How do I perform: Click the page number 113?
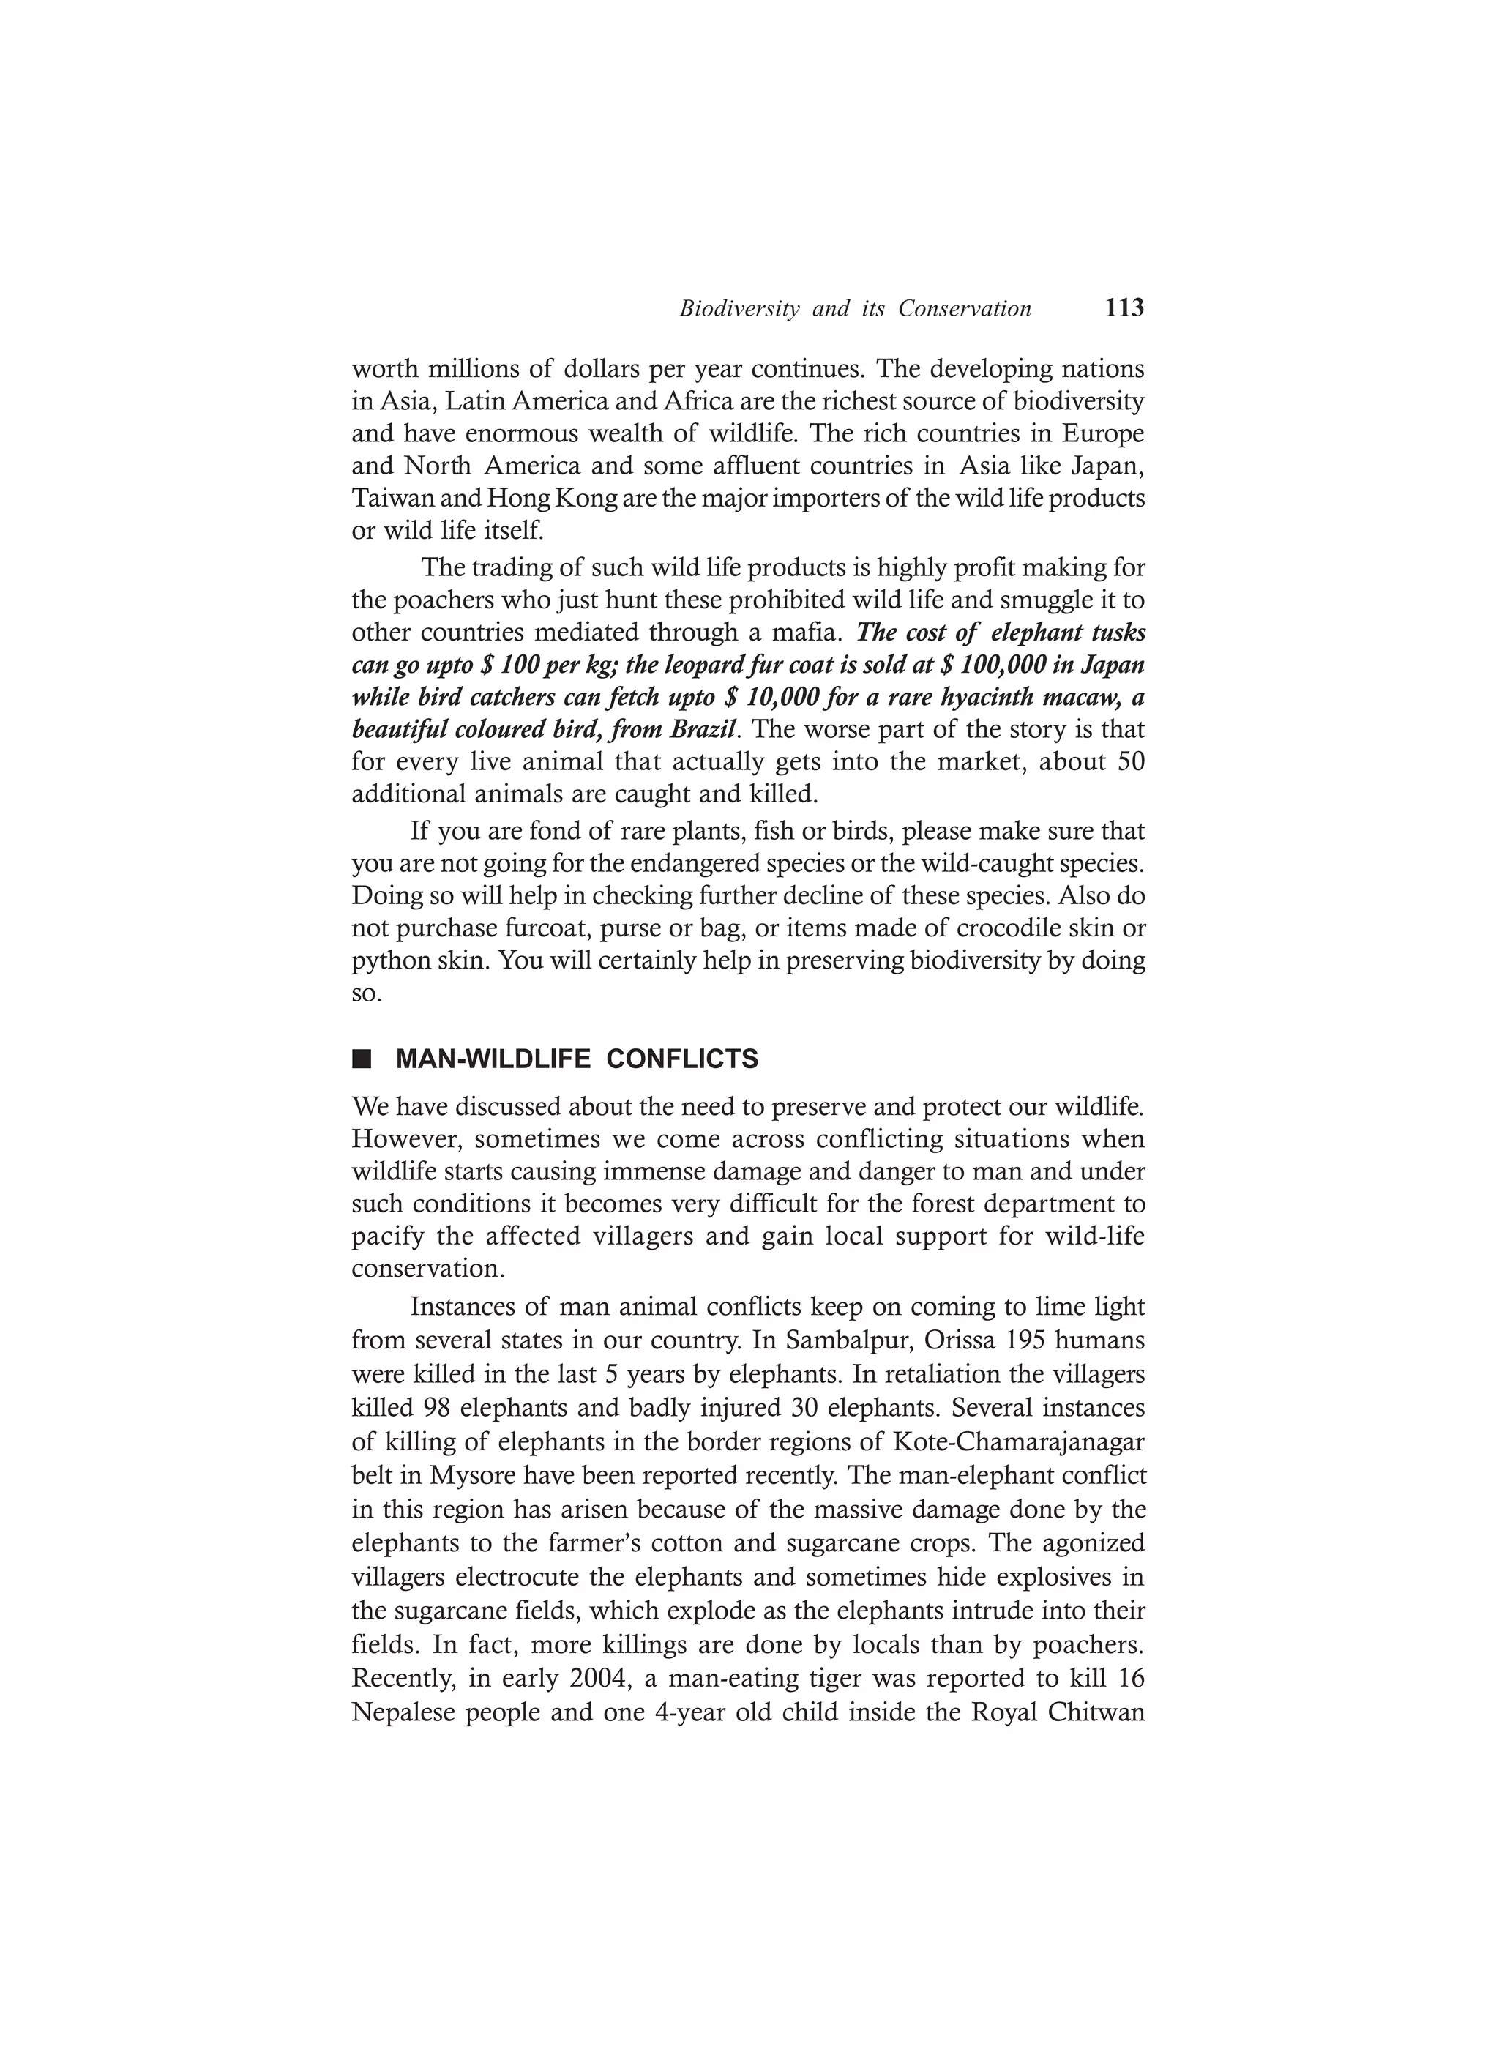point(1124,308)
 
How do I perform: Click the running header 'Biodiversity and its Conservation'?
point(855,309)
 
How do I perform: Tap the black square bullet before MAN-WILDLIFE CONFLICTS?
point(362,1059)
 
